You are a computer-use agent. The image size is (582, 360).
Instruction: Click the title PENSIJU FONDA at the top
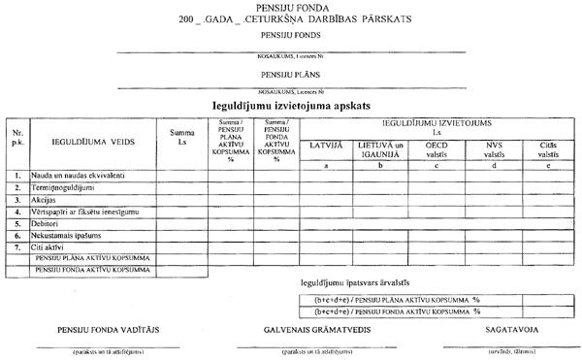click(292, 8)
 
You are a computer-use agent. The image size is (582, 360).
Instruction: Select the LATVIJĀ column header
click(325, 145)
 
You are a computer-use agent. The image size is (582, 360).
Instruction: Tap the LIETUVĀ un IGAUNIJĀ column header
click(380, 148)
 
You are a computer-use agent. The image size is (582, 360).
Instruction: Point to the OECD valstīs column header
click(436, 148)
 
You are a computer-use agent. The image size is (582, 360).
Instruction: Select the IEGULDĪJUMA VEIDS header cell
click(93, 142)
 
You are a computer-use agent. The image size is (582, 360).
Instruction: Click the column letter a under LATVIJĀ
click(325, 165)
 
